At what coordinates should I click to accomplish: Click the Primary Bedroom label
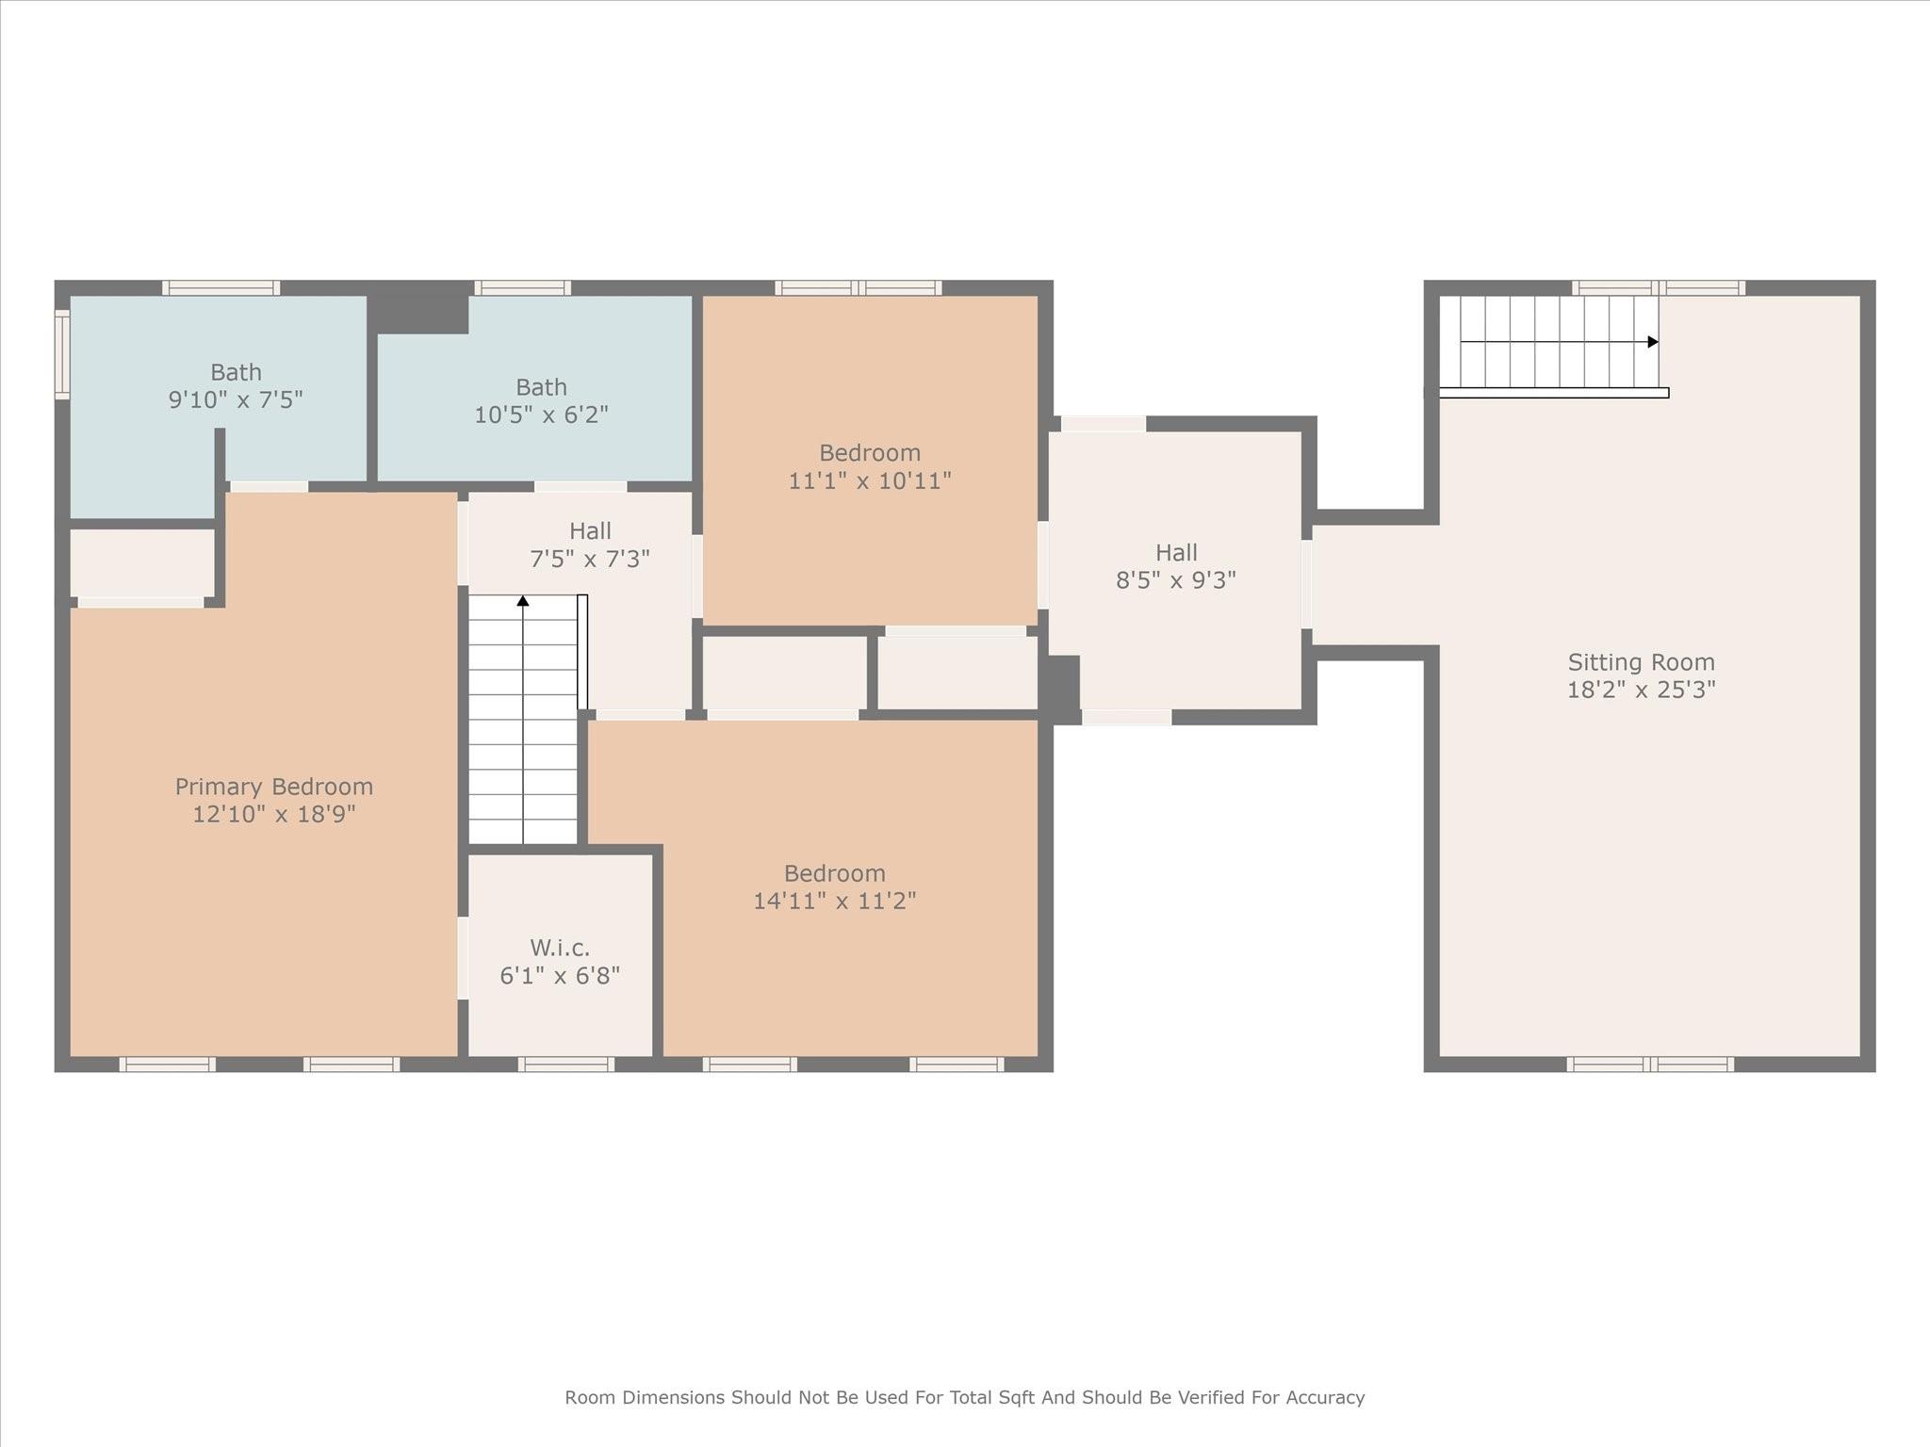coord(274,787)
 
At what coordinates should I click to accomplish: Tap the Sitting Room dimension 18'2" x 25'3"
coord(1641,690)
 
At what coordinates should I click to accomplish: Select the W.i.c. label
coord(560,948)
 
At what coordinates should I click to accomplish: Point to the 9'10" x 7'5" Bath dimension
coord(236,399)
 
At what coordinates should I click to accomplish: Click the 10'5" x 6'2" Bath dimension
coord(541,415)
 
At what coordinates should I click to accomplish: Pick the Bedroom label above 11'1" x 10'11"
coord(870,453)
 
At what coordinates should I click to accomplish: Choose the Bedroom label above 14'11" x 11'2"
coord(835,873)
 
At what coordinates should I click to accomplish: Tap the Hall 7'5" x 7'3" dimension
coord(590,560)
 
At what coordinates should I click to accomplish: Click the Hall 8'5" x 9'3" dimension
coord(1176,580)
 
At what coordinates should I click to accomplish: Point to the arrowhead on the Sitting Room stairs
coord(1653,342)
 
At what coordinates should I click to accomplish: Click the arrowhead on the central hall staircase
coord(523,600)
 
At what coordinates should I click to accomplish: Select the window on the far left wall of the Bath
coord(62,354)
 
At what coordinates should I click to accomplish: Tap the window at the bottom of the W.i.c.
coord(566,1065)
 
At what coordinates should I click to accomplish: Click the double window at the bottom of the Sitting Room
coord(1650,1065)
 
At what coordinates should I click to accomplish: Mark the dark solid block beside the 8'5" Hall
coord(1059,690)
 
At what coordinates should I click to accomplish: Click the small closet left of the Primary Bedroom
coord(143,562)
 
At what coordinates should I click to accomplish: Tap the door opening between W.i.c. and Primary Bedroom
coord(463,958)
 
